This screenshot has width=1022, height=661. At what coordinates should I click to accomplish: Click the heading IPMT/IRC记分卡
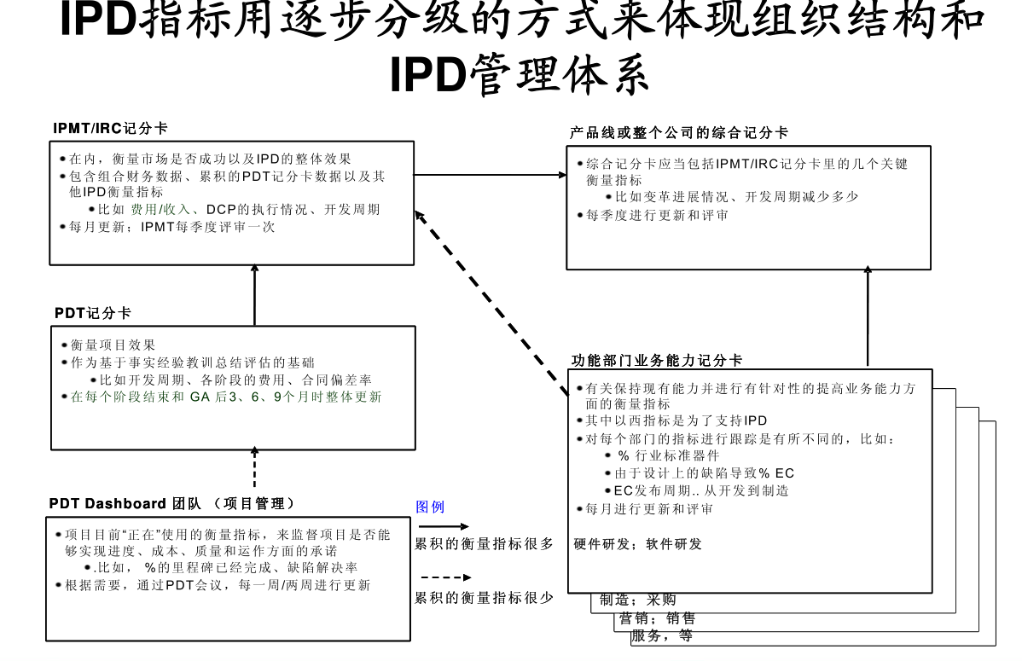coord(110,129)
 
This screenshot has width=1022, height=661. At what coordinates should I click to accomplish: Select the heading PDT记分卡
coord(93,313)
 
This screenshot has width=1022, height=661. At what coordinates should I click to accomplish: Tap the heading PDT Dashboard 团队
coord(171,503)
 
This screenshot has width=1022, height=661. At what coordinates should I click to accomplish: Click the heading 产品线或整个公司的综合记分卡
coord(679,133)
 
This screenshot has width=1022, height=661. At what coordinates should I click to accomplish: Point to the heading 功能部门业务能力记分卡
coord(657,361)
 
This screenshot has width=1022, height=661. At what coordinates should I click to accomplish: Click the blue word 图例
coord(430,507)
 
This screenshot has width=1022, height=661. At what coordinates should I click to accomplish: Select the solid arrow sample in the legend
coord(442,527)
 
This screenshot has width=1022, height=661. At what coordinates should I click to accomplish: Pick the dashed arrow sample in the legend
coord(442,577)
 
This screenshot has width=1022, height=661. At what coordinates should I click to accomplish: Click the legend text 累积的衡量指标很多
coord(484,543)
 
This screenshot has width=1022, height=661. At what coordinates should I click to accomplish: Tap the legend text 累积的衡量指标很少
coord(484,598)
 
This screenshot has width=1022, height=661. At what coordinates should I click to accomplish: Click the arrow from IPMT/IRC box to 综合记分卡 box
coord(491,176)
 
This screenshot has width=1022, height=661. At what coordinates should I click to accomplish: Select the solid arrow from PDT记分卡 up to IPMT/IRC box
coord(254,294)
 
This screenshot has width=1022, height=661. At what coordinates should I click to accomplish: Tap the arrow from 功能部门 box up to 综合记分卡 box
coord(868,316)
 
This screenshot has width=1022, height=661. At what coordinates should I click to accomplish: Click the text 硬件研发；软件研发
coord(638,544)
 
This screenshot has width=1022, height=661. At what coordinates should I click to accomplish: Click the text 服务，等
coord(661,635)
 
